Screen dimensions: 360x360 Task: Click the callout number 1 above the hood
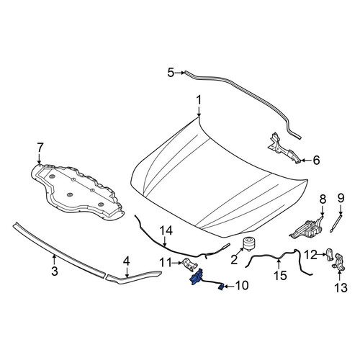pos(199,101)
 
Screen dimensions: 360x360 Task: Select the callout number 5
pos(171,73)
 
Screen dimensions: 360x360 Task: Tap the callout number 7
pos(40,148)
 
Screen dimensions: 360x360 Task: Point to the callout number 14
pos(166,231)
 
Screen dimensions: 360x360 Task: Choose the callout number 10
pos(242,286)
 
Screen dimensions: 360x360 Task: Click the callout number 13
pos(341,288)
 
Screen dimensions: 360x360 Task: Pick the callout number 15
pos(280,276)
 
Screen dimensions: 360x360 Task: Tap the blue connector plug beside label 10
pos(221,287)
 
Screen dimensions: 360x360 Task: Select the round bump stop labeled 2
pos(247,244)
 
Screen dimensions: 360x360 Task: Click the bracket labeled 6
pos(283,148)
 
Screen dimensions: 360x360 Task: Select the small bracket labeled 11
pos(190,265)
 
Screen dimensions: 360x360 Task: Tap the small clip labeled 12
pos(330,254)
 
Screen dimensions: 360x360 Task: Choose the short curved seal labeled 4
pos(133,278)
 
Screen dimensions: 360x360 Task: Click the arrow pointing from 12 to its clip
pos(322,254)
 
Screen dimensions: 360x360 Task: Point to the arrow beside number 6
pos(305,160)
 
